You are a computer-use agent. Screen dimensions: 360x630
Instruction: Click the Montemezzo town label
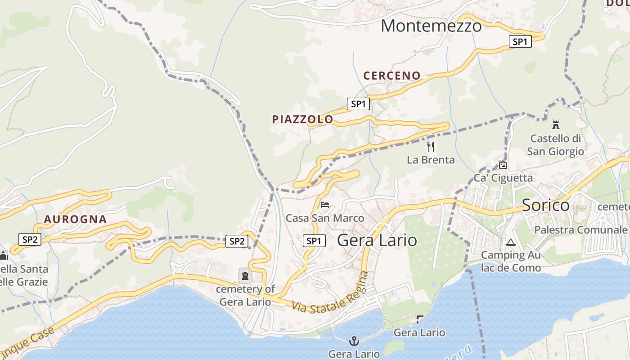tap(431, 26)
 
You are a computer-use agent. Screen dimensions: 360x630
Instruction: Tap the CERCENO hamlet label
tap(392, 76)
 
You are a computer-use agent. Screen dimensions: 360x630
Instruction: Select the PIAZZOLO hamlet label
tap(302, 119)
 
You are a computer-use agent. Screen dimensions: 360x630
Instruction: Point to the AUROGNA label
tap(75, 220)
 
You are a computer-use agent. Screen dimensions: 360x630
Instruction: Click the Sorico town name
tap(545, 206)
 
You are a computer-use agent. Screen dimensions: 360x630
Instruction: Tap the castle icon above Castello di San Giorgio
tap(556, 125)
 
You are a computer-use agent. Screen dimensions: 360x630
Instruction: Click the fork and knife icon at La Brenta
tap(431, 146)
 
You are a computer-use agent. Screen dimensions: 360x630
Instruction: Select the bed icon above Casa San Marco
tap(325, 205)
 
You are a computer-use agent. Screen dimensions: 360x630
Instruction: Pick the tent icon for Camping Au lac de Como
tap(510, 243)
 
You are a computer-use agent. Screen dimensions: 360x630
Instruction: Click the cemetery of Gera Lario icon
tap(245, 275)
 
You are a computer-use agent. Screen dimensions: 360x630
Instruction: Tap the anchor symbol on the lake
tap(354, 341)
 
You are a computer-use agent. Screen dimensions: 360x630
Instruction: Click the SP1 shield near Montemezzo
tap(520, 42)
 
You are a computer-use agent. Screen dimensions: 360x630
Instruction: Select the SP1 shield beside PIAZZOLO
tap(358, 104)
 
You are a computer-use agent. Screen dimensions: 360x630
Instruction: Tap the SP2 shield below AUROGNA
tap(30, 239)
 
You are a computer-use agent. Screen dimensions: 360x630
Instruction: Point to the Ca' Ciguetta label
tap(503, 178)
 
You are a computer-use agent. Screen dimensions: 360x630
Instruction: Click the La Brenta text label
tap(431, 160)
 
